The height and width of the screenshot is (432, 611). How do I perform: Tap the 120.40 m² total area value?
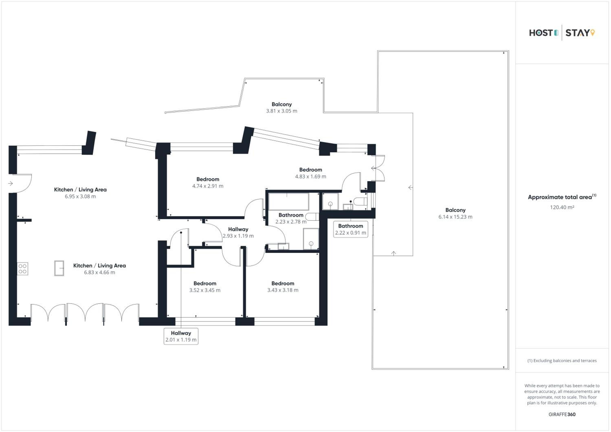(x=562, y=207)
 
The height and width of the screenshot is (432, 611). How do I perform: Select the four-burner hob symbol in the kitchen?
(x=23, y=269)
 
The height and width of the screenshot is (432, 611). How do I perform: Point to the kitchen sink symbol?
(x=59, y=268)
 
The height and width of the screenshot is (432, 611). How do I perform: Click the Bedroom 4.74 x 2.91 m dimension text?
(x=208, y=186)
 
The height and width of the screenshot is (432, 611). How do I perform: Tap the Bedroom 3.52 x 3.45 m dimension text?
(x=205, y=290)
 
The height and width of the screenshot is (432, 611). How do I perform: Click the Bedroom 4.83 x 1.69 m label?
(x=311, y=173)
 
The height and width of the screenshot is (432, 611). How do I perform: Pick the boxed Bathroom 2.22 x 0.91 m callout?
(x=351, y=229)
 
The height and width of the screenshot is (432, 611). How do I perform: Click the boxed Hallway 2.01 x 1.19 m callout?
(x=181, y=336)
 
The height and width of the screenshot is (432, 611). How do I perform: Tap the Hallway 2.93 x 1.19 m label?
(x=238, y=232)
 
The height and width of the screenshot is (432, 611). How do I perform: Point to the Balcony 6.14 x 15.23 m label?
(x=456, y=213)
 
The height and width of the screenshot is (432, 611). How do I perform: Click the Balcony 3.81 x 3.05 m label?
(x=282, y=107)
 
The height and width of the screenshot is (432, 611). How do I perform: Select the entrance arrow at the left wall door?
(x=11, y=183)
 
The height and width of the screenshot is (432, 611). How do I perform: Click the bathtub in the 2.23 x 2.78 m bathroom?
(x=289, y=202)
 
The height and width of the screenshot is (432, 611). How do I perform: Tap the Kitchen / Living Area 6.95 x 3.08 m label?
(x=80, y=193)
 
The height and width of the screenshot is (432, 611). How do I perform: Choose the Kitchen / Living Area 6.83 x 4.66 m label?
(x=100, y=269)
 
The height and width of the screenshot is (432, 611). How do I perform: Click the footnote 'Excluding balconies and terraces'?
(x=562, y=361)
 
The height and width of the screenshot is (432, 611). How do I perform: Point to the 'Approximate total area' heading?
(x=562, y=197)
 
